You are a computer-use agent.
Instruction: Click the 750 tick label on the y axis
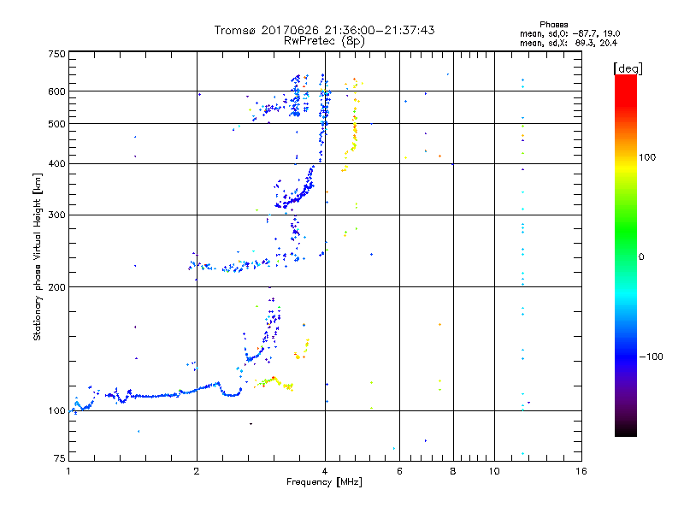(57, 54)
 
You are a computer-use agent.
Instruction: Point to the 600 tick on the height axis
(57, 91)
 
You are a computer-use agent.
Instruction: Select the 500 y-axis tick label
(57, 123)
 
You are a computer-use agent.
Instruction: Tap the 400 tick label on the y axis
(57, 163)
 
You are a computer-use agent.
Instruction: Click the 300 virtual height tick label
(57, 215)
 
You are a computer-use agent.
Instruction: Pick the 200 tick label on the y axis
(57, 286)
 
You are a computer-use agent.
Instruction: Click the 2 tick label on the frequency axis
(197, 471)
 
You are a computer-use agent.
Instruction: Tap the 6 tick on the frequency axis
(399, 471)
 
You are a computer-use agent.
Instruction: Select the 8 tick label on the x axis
(453, 471)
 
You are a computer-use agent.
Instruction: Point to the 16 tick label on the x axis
(581, 471)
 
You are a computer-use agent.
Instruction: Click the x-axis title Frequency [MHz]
(323, 483)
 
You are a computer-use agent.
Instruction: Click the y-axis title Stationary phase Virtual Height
(38, 256)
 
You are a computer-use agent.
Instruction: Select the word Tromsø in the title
(236, 30)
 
